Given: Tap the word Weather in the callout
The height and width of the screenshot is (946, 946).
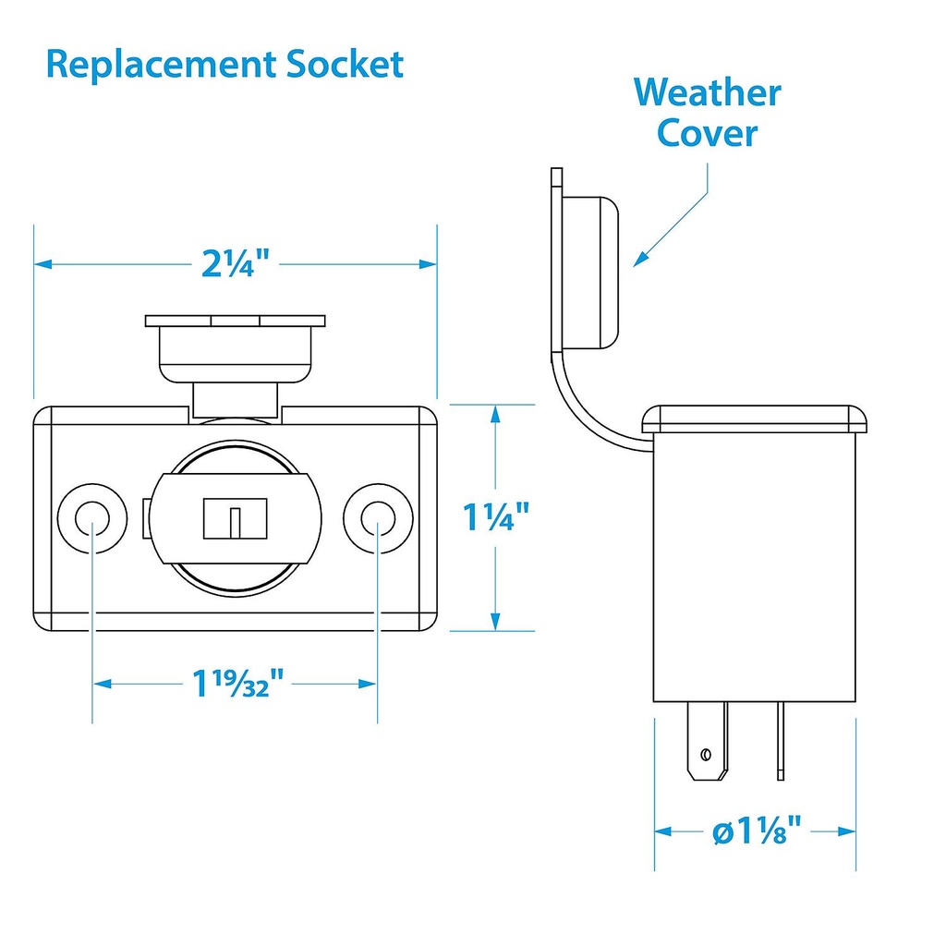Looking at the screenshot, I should click(x=707, y=93).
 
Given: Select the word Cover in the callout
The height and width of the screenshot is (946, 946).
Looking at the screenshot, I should click(x=707, y=133).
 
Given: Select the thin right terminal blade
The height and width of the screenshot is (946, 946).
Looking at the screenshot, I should click(x=781, y=739).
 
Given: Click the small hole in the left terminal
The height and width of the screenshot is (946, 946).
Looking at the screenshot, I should click(x=707, y=755).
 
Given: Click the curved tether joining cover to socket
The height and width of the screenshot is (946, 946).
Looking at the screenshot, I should click(x=577, y=406).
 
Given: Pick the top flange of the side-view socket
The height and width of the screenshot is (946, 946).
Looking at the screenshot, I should click(x=756, y=418).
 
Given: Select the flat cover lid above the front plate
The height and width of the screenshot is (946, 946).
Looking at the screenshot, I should click(x=236, y=321).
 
